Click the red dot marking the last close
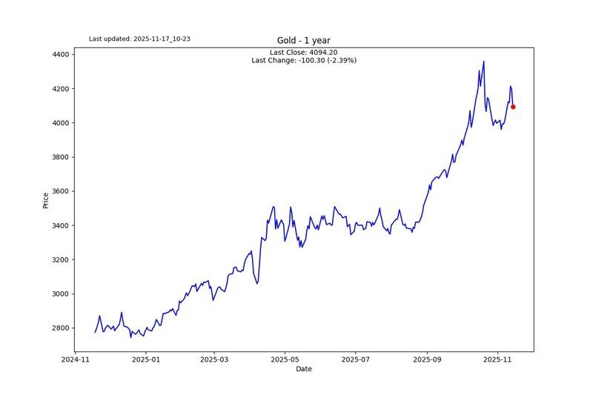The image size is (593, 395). point(513,107)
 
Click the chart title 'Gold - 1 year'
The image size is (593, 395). point(304,41)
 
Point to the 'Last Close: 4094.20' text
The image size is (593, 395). point(304,53)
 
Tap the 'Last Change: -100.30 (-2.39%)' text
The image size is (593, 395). point(304,61)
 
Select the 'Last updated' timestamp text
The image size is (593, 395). point(139,39)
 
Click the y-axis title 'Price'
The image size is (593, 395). point(46,200)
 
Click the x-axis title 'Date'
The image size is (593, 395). point(304,368)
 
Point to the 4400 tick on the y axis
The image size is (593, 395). point(61,55)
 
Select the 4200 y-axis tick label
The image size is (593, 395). point(61,89)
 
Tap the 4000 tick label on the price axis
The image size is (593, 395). point(61,123)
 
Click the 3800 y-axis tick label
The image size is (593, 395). point(61,157)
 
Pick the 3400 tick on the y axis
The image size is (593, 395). point(61,225)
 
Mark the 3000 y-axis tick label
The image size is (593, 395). point(61,294)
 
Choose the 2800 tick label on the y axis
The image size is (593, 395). point(61,328)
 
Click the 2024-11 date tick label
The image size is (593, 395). point(75,359)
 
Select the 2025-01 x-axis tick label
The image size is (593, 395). point(145,359)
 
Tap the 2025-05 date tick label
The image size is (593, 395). point(285,359)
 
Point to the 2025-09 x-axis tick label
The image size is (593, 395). point(427,359)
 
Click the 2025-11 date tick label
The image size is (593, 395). point(497,359)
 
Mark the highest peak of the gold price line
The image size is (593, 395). point(484,62)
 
